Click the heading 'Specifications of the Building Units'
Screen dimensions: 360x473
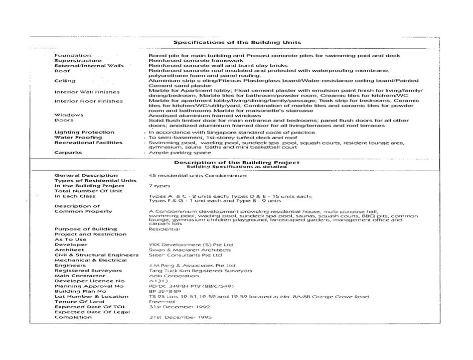[237, 43]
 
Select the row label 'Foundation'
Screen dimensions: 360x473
[73, 55]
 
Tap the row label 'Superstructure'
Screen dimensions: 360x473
[78, 60]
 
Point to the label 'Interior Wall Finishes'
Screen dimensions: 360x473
[87, 92]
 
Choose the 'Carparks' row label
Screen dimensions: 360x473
[68, 153]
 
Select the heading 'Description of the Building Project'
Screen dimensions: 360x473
[237, 163]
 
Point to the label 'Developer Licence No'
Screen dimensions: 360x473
[90, 281]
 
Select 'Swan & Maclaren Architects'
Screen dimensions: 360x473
[190, 250]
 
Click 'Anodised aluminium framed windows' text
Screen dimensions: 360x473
[205, 115]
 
